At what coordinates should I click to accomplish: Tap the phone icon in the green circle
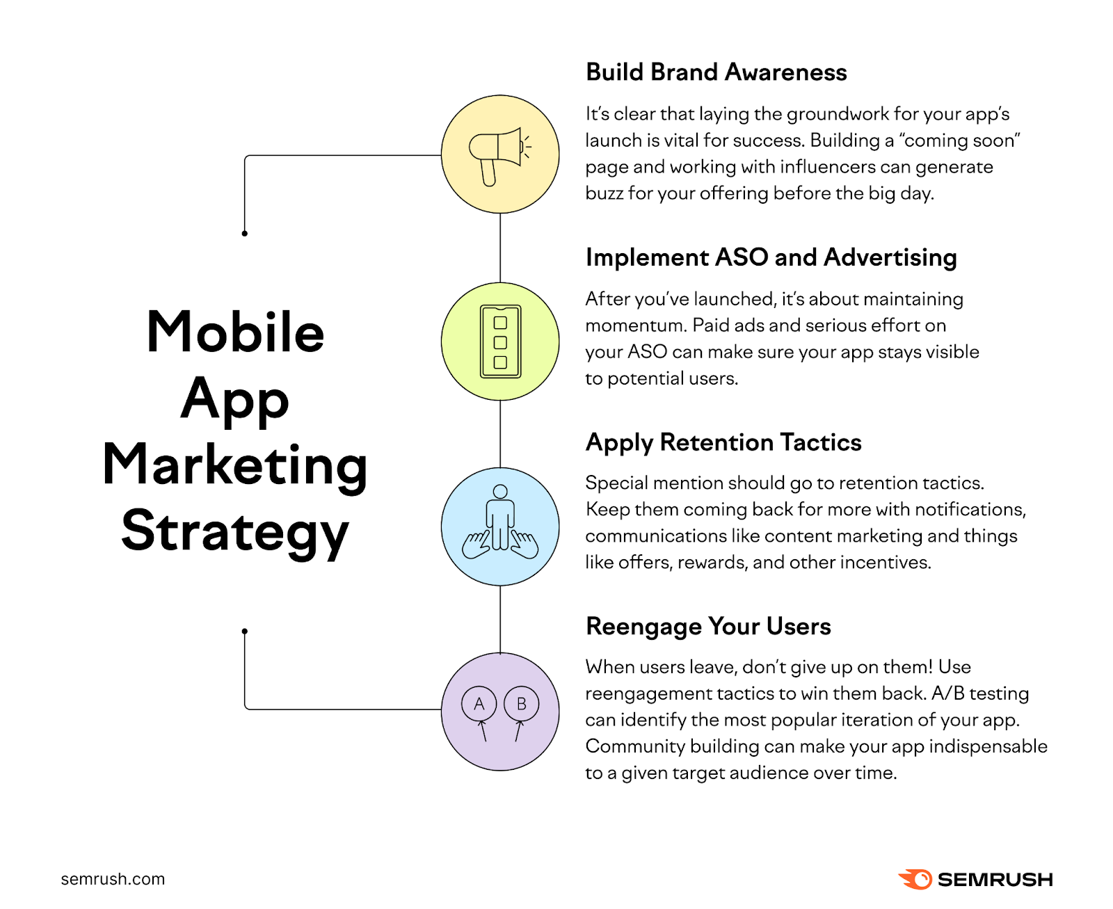[x=499, y=341]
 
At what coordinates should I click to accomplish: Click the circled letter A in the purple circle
[x=479, y=703]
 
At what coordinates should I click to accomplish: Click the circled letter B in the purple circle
[x=521, y=703]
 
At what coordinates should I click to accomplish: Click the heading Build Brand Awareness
[x=716, y=72]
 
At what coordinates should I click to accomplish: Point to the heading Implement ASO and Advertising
[x=771, y=258]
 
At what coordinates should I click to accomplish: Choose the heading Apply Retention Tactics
[x=723, y=442]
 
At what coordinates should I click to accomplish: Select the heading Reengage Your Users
[x=708, y=627]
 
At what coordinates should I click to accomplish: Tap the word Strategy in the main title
[x=235, y=532]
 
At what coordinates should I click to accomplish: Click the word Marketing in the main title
[x=235, y=467]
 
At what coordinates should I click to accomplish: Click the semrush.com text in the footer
[x=113, y=879]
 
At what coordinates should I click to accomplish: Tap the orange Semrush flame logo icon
[x=915, y=879]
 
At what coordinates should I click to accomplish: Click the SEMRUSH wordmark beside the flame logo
[x=995, y=880]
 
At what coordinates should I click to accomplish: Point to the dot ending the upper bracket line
[x=244, y=233]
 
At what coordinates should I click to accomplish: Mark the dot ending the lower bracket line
[x=244, y=631]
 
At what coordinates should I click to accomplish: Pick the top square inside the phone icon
[x=499, y=322]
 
